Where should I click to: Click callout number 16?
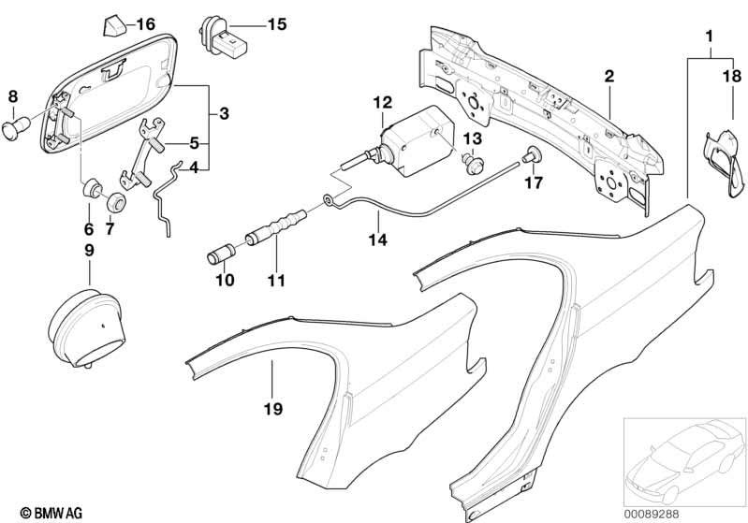[146, 23]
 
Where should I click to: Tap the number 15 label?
[275, 23]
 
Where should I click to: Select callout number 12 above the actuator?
[382, 100]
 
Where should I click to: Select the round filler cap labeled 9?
[88, 327]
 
